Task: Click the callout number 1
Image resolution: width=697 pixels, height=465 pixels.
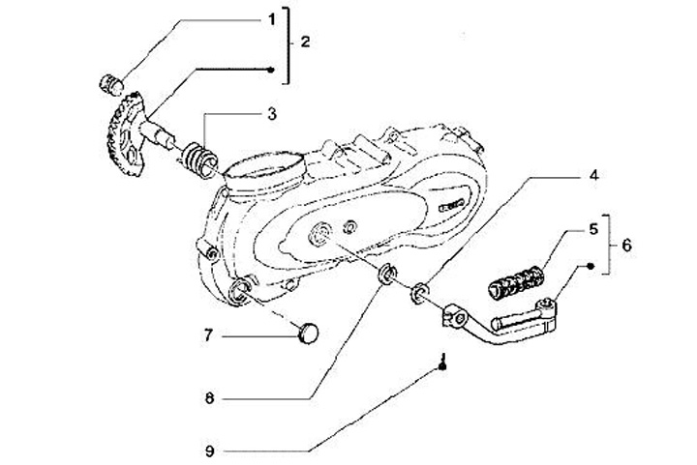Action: [x=273, y=17]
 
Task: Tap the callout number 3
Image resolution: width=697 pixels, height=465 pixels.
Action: [x=272, y=114]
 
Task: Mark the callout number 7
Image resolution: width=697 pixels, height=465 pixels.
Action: [x=206, y=335]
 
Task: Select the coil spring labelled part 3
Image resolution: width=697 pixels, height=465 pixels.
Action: [x=198, y=158]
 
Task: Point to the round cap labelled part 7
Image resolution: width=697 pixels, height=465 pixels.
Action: [x=307, y=334]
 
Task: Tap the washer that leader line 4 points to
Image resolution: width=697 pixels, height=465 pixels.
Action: [x=418, y=291]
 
